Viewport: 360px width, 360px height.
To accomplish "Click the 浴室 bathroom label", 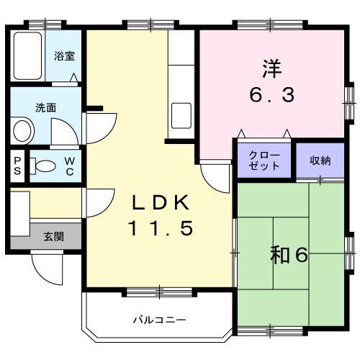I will [x=64, y=55].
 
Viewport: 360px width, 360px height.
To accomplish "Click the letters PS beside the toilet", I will [x=17, y=166].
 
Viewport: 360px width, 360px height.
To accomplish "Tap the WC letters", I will [x=70, y=166].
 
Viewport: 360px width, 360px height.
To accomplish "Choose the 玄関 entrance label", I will [x=53, y=235].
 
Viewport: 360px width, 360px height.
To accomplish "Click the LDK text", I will [x=161, y=202].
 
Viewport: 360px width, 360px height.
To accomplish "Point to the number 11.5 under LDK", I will [x=161, y=228].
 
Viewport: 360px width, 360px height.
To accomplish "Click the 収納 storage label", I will [x=320, y=160].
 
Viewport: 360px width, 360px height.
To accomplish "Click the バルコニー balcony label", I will [x=159, y=319].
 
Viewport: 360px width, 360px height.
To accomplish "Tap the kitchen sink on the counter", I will [x=181, y=114].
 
